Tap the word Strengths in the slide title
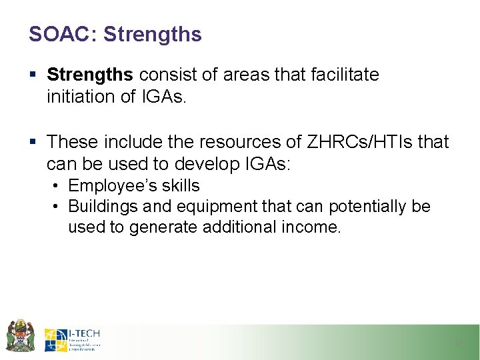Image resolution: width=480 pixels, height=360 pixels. click(x=153, y=35)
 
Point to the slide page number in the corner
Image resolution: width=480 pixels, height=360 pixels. click(x=458, y=343)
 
